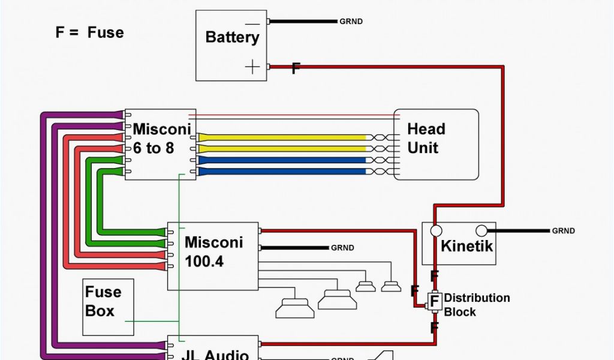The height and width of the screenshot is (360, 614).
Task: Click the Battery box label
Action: (x=232, y=37)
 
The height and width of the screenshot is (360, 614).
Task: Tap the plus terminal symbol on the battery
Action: (x=253, y=67)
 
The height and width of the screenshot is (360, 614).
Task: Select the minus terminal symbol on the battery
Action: (x=252, y=25)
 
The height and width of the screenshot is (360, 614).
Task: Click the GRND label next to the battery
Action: (x=351, y=22)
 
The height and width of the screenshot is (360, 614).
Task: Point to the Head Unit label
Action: (x=426, y=138)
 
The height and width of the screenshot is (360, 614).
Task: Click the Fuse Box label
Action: (x=103, y=301)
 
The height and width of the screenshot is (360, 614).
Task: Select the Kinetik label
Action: (x=466, y=246)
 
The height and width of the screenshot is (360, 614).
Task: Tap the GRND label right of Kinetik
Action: (x=563, y=231)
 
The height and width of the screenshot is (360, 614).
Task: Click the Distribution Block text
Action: (x=477, y=305)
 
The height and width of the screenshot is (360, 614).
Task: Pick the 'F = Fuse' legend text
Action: (x=90, y=32)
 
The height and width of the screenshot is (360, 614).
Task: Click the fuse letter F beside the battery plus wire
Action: (x=296, y=69)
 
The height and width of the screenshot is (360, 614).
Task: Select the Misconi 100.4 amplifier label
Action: (x=213, y=252)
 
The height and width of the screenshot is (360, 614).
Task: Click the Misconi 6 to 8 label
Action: (x=161, y=138)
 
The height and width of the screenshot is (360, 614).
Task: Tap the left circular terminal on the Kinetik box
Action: (x=436, y=231)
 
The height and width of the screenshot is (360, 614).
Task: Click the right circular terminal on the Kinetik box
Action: (x=481, y=230)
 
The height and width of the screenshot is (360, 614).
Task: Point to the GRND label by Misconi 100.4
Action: (x=342, y=248)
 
